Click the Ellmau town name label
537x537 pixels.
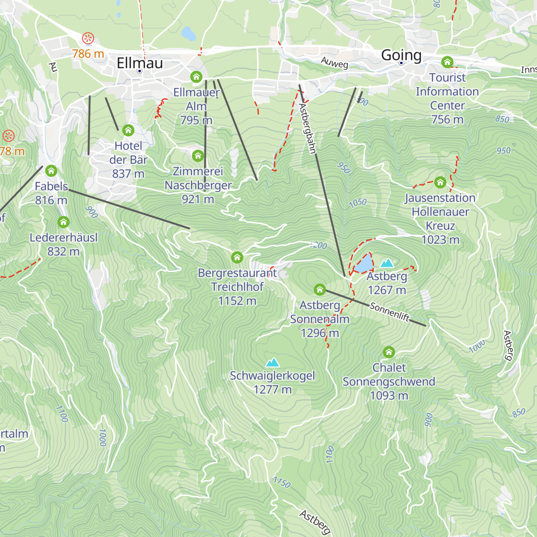coord(140,63)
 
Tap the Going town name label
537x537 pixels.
coord(401,55)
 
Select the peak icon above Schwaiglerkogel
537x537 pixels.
coord(272,362)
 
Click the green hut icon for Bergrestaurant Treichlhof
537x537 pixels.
coord(237,257)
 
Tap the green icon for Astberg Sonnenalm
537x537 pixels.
coord(320,290)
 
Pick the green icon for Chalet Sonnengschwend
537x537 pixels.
coord(389,352)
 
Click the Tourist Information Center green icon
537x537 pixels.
coord(447,62)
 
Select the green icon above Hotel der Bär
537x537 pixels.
coord(128,130)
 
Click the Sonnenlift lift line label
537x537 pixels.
coord(390,311)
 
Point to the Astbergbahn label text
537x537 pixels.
coord(308,129)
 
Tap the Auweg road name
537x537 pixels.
coord(334,63)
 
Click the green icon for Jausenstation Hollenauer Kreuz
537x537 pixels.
coord(440,182)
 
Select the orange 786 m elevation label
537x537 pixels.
coord(88,54)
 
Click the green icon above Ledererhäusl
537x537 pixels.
coord(64,222)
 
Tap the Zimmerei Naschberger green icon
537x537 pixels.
coord(198,156)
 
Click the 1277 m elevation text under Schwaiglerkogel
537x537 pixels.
coord(273,390)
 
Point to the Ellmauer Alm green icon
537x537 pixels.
coord(196,77)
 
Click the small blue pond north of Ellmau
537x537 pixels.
coord(188,33)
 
